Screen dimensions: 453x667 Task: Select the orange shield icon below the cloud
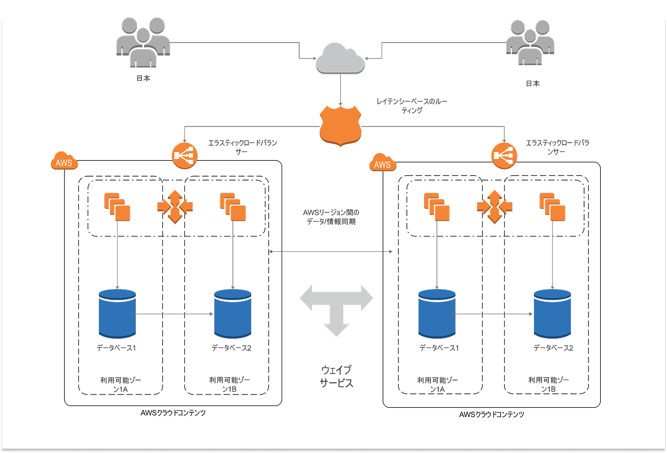click(x=341, y=127)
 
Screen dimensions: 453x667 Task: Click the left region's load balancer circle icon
click(x=184, y=155)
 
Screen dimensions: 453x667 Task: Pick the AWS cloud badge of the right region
click(x=382, y=164)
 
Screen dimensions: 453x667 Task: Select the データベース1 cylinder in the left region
click(x=117, y=314)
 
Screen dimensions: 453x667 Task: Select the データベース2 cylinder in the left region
click(x=232, y=314)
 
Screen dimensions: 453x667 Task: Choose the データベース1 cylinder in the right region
click(x=437, y=314)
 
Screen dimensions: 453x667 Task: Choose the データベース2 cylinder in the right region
click(x=552, y=314)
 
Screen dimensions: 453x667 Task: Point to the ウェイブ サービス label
click(x=336, y=376)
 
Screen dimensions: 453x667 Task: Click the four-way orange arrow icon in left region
click(x=175, y=207)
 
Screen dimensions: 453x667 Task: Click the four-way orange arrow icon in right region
click(x=494, y=207)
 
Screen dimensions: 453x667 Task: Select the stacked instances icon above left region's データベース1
click(x=117, y=206)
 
